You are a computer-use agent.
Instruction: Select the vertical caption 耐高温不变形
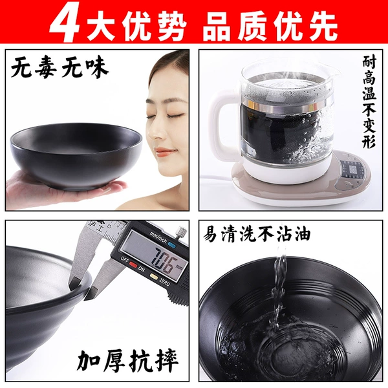[369, 102]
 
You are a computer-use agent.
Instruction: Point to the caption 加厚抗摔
[127, 361]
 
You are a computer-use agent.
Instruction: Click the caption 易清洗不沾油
[257, 234]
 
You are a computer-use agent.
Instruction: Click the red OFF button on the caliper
[133, 264]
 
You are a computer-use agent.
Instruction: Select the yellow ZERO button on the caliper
[154, 276]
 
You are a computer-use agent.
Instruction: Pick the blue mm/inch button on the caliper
[171, 244]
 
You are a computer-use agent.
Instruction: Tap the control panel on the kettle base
[352, 171]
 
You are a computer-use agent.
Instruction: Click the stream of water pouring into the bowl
[277, 293]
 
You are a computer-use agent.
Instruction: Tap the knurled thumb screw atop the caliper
[182, 232]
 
